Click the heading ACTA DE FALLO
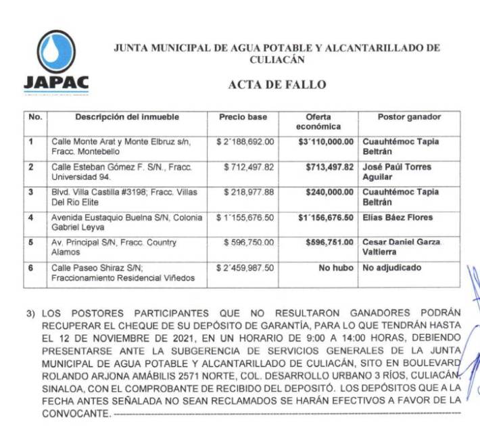[277, 85]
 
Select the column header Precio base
[243, 117]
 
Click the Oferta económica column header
[318, 122]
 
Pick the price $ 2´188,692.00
[245, 142]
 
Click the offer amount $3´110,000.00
[326, 142]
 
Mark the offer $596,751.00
[331, 243]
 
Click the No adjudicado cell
[391, 268]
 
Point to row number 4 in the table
[30, 218]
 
